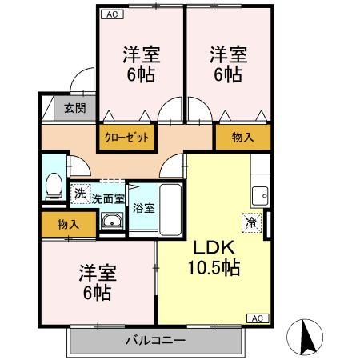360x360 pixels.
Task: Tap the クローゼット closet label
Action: coord(127,137)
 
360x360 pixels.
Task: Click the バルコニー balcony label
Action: coord(155,342)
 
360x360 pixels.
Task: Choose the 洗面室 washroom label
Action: coord(107,198)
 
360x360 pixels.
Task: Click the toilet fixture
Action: coord(54,186)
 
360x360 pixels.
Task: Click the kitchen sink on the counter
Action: coord(260,194)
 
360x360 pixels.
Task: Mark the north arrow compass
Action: coord(308,338)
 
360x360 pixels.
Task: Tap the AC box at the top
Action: coord(111,14)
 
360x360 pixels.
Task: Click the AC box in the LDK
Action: coord(257,318)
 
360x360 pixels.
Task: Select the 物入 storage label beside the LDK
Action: coord(242,137)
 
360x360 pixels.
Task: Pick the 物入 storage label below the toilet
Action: coord(68,225)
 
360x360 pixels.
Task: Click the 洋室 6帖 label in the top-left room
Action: coord(141,65)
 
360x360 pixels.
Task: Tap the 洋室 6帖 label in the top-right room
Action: coord(228,65)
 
